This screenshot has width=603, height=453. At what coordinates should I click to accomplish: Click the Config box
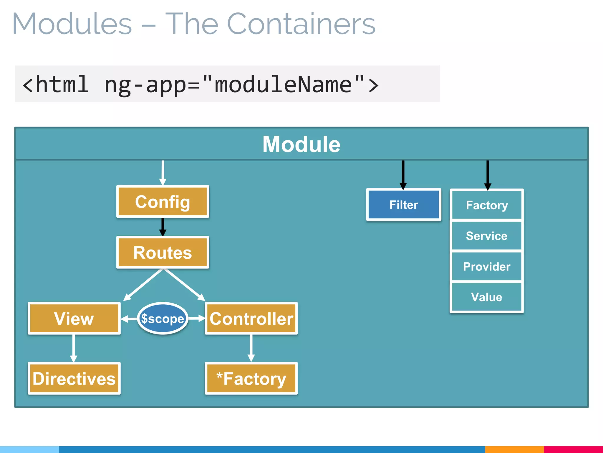pos(163,202)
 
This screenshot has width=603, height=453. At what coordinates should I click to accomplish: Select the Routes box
pos(163,252)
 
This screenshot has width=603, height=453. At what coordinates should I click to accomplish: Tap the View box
pos(74,319)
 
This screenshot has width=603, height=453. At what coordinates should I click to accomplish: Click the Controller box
pos(251,319)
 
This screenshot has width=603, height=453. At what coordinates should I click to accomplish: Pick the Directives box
pos(74,379)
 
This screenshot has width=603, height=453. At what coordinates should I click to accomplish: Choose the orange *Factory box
pos(251,379)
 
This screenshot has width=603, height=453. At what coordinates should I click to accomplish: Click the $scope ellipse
pos(163,319)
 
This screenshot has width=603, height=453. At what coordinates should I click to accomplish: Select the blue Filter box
pos(403,205)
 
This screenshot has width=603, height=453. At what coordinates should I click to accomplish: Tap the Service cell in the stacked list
pos(486,236)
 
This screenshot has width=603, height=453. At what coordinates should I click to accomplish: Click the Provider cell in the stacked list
pos(486,267)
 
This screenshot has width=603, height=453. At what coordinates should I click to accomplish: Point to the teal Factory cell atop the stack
pos(486,205)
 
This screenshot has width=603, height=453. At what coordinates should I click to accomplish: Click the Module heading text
pos(301,144)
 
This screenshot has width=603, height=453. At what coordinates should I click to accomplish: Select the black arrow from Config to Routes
pos(163,226)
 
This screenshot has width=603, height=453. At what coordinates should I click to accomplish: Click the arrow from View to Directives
pos(74,348)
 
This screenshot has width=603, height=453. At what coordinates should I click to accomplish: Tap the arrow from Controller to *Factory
pos(251,348)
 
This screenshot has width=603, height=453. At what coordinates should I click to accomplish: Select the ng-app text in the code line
pos(145,85)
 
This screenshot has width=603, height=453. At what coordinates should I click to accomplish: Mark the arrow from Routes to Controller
pos(184,285)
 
